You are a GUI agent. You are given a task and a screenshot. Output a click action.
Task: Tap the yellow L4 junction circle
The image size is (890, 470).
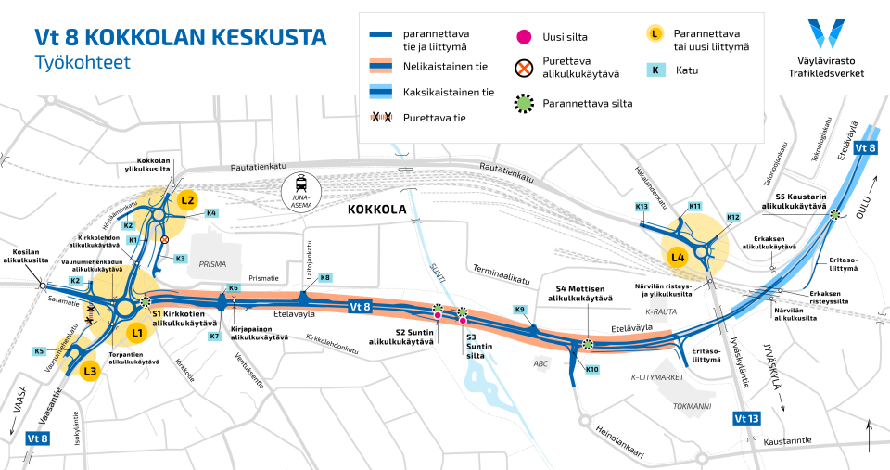coord(678,256)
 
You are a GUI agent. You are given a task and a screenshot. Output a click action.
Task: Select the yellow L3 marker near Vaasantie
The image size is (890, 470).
coord(89,373)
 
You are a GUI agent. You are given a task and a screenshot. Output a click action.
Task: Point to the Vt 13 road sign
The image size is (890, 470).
coord(746,418)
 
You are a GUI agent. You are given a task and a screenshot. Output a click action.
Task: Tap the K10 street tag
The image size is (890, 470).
coord(591,370)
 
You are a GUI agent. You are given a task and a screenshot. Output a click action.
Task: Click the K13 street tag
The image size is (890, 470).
coord(642,206)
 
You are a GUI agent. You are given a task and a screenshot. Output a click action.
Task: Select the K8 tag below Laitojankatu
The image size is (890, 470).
coord(324,278)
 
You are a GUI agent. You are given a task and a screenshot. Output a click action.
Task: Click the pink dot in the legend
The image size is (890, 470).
coord(524,38)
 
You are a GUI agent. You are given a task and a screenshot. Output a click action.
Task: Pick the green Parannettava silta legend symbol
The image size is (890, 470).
coord(524,103)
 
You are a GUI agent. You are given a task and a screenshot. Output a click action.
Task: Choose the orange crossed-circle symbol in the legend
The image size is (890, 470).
coord(524,70)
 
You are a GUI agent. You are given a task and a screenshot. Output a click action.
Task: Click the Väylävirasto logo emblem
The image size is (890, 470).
coord(826,33)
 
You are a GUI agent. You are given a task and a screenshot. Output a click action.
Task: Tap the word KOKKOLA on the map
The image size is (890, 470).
coord(377,210)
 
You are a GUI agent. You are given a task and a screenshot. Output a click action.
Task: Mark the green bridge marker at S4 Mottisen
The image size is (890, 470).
coord(587,345)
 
